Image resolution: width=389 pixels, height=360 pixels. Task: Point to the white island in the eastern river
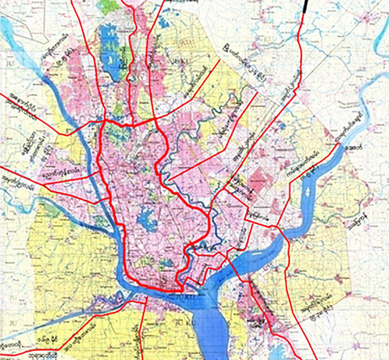[308, 194]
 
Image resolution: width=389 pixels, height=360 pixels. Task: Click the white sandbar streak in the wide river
[257, 252]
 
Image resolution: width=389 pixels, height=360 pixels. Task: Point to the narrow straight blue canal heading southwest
[57, 323]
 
